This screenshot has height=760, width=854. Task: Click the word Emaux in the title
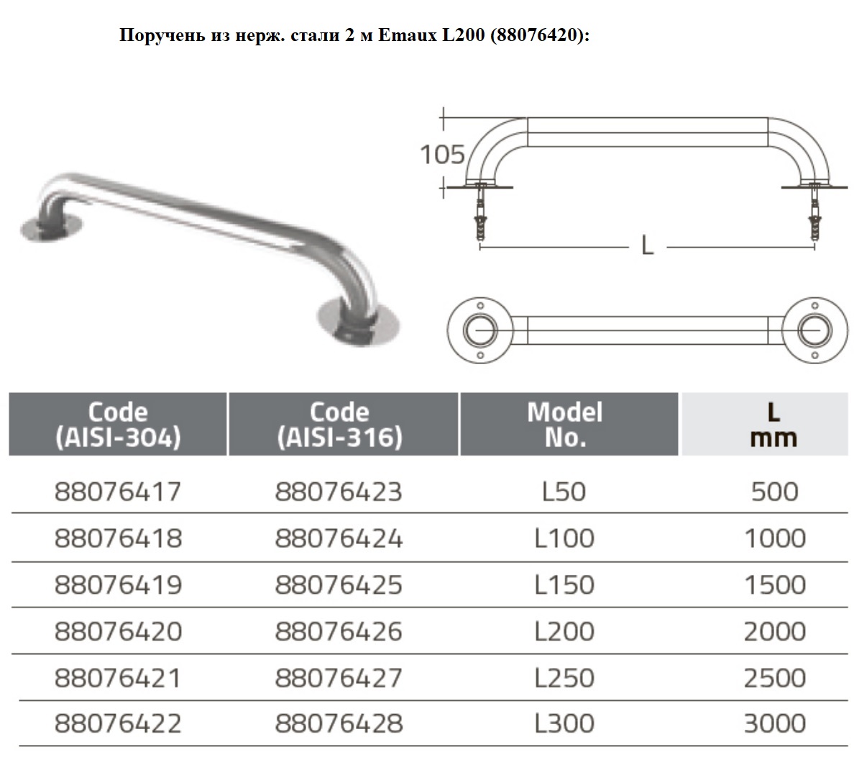408,35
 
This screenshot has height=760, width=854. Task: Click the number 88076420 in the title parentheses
536,35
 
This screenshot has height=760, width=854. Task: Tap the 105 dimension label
442,155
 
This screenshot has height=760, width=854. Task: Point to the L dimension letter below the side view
647,245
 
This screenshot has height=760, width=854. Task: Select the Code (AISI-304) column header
118,424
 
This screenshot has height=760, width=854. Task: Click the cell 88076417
118,492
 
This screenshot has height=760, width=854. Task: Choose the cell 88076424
339,538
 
